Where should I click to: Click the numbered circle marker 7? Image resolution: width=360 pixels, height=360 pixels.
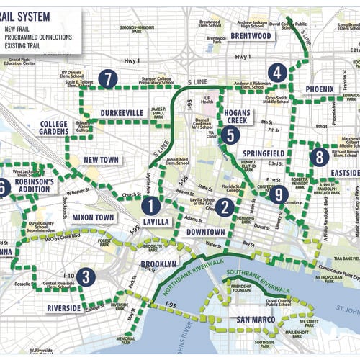pyautogui.click(x=107, y=78)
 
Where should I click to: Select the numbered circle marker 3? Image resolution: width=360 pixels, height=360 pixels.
pyautogui.click(x=86, y=276)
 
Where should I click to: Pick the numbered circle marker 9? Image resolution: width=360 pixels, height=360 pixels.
pyautogui.click(x=279, y=193)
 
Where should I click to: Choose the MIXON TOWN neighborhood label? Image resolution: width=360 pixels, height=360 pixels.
pyautogui.click(x=94, y=217)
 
